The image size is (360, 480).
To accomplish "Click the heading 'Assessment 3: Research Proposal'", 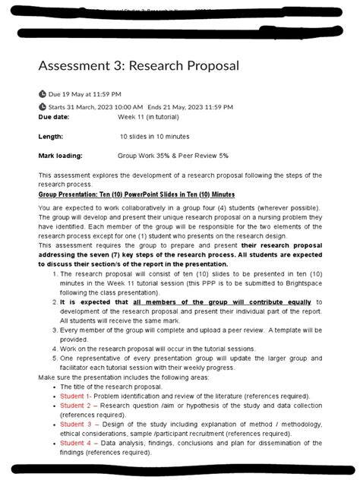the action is [138, 66].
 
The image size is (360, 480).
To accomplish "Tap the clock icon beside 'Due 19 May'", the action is [42, 93].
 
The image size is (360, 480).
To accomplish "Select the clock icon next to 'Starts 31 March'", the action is [42, 107].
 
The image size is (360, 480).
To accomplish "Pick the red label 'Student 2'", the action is [75, 406].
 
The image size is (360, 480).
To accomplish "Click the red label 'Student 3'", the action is [75, 425].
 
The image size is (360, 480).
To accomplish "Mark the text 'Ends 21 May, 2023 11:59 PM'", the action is [190, 107].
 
